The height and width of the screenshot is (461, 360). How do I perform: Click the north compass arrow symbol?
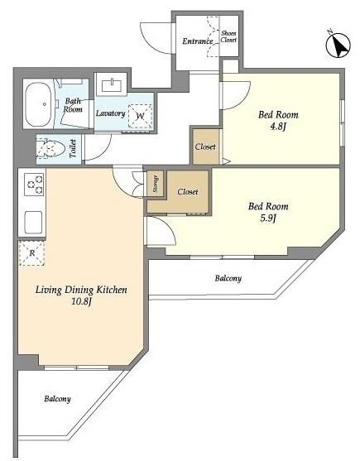click(338, 46)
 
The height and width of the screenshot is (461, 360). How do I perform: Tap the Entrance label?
click(198, 41)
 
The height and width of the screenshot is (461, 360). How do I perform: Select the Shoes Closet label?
click(228, 36)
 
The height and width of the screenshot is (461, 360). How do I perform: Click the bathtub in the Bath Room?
click(38, 104)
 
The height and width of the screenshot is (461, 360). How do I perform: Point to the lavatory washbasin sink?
click(112, 86)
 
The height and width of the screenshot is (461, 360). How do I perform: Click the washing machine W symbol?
click(140, 117)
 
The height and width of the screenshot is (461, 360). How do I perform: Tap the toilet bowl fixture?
click(50, 149)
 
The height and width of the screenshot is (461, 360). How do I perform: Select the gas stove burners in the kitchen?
click(35, 185)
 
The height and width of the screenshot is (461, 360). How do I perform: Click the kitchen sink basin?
click(33, 223)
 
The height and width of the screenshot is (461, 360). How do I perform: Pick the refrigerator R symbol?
click(31, 252)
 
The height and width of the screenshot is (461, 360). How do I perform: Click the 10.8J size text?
click(82, 301)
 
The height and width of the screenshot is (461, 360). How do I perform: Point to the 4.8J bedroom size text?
click(278, 127)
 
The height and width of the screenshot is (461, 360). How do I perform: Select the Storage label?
click(156, 184)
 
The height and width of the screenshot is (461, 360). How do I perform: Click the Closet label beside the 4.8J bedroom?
click(205, 146)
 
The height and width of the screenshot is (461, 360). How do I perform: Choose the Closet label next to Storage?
click(188, 192)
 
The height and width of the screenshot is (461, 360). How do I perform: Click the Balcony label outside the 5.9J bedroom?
click(228, 278)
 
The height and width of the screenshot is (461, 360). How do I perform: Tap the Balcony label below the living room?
click(57, 399)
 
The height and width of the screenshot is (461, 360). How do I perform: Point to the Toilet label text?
click(73, 148)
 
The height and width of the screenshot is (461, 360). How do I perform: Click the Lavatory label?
click(111, 113)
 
